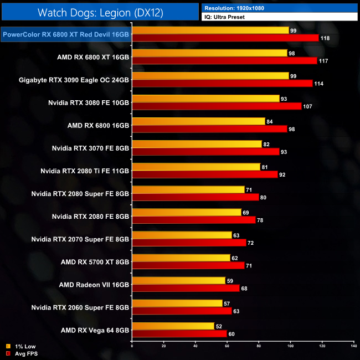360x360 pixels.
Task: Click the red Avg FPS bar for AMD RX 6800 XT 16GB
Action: click(x=224, y=60)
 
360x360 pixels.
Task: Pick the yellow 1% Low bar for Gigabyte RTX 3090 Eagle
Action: click(x=210, y=76)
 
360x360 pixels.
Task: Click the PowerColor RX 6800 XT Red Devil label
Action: click(x=66, y=34)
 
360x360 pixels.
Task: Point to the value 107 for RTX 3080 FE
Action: click(x=308, y=106)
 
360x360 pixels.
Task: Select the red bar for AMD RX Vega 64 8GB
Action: click(x=179, y=333)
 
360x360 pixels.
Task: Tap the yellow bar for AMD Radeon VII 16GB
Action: click(x=178, y=280)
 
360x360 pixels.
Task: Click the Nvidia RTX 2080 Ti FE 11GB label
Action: click(x=85, y=171)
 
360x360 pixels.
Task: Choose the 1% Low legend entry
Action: click(x=20, y=347)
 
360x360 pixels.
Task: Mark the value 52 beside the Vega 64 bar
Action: click(x=219, y=326)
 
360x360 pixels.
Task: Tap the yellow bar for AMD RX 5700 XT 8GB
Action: click(x=181, y=258)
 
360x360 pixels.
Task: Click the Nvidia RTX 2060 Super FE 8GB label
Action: click(x=80, y=307)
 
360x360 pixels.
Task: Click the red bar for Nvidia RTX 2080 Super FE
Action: click(x=195, y=197)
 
